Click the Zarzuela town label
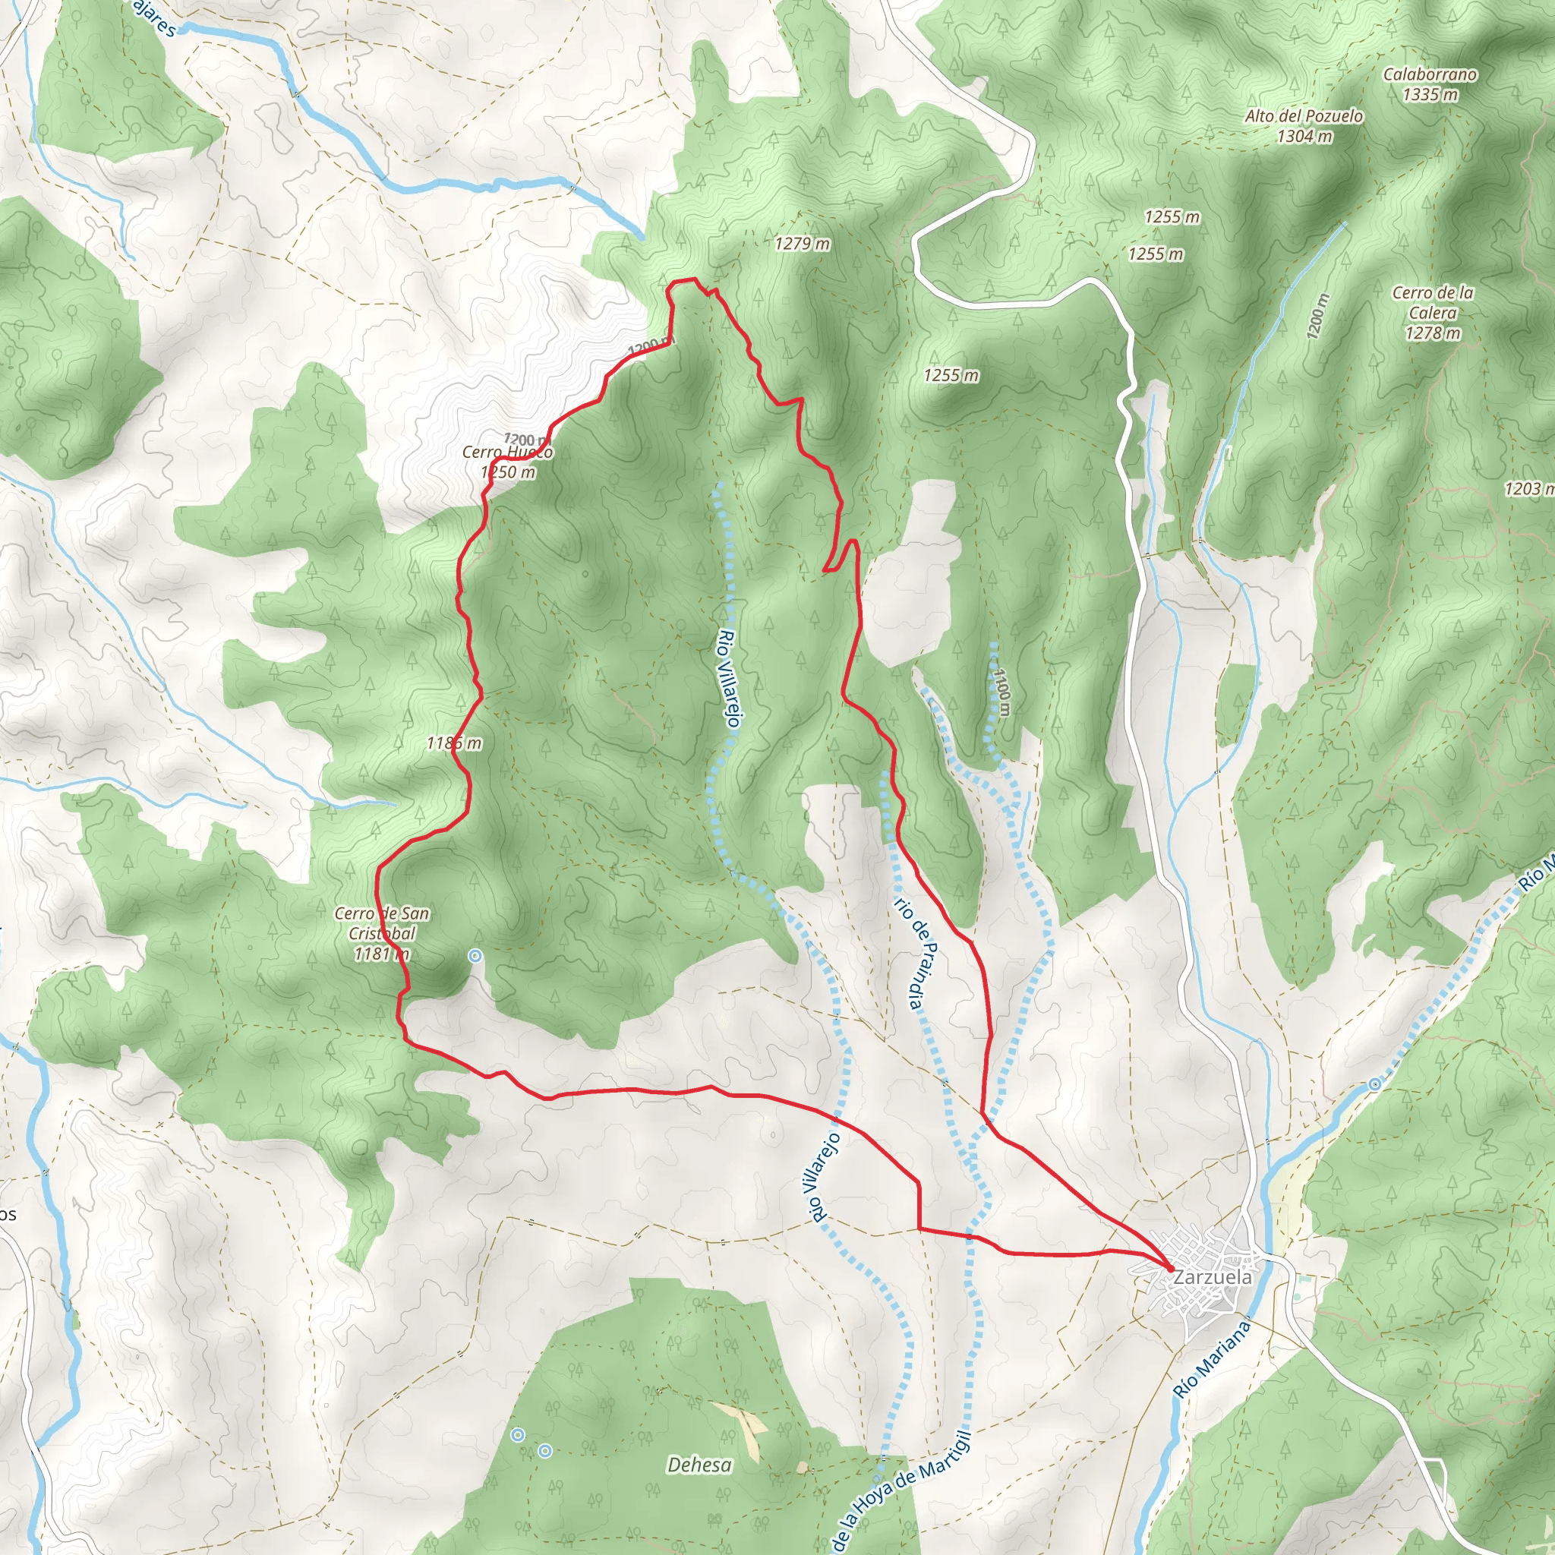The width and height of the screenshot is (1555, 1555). click(x=1212, y=1277)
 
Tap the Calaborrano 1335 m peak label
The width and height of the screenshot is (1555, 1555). click(x=1430, y=84)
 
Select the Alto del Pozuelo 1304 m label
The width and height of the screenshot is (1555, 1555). click(x=1304, y=125)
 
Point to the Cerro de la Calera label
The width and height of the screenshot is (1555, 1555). click(x=1433, y=312)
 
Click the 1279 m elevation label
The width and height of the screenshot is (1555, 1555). click(x=802, y=243)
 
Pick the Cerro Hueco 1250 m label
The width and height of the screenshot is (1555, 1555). click(x=507, y=462)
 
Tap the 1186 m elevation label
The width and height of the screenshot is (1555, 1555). click(x=454, y=743)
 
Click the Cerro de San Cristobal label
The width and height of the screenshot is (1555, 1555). click(x=381, y=934)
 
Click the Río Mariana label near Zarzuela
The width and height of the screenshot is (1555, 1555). click(x=1210, y=1359)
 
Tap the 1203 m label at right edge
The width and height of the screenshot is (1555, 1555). click(x=1528, y=488)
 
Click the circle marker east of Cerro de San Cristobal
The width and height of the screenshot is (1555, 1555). click(x=475, y=956)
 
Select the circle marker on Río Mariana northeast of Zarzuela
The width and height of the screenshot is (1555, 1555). click(x=1375, y=1085)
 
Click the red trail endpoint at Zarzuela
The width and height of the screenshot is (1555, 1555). click(x=1169, y=1270)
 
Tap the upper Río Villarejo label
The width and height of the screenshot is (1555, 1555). click(x=727, y=679)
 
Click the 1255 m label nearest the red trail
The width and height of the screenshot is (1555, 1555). click(x=951, y=375)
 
